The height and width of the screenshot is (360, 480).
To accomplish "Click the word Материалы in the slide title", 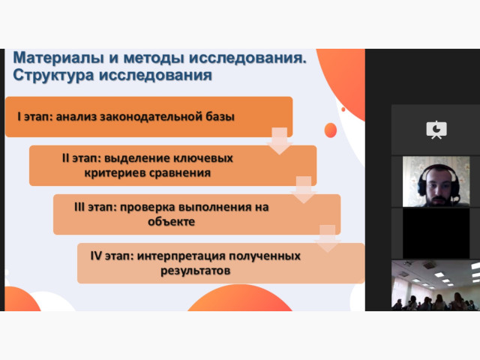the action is (x=58, y=58).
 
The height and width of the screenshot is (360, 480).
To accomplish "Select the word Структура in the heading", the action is (x=53, y=75).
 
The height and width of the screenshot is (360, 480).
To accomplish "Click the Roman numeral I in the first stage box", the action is (x=19, y=117).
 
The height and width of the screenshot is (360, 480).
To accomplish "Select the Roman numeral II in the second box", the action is (x=65, y=158).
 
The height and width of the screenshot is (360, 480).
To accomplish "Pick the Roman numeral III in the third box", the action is (x=79, y=207).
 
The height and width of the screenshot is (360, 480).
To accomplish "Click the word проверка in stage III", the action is (x=148, y=208).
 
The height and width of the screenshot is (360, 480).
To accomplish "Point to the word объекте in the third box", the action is (x=172, y=222).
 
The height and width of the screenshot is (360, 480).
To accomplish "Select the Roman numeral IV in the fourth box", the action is (x=96, y=256).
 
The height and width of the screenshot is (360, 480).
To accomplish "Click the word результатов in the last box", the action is (x=195, y=271).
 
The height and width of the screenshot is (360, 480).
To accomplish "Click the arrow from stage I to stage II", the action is (x=280, y=141).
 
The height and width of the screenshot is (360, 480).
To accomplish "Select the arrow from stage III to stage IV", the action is (x=328, y=238).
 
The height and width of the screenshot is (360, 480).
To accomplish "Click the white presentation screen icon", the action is (x=436, y=130).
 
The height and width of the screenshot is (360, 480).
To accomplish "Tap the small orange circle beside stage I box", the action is (x=331, y=130).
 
